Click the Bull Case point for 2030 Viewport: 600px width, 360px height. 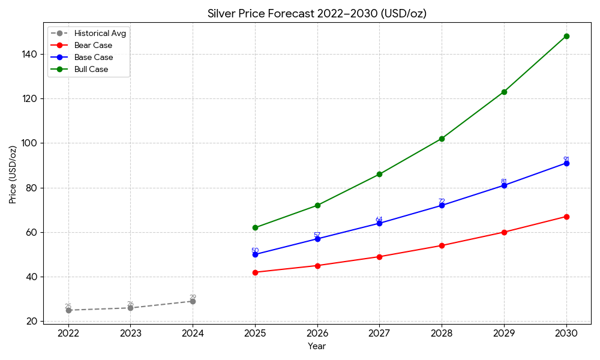coord(566,36)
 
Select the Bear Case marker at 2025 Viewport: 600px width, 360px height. coord(255,272)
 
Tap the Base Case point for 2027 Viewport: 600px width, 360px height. coord(379,223)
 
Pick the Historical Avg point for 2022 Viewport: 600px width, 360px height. coord(68,310)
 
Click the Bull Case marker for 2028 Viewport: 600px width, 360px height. coord(442,139)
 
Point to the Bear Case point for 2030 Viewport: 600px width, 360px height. coord(566,217)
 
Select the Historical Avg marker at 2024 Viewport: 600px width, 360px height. coord(193,301)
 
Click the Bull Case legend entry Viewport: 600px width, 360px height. coord(91,70)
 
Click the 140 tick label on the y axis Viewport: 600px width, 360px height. coord(29,54)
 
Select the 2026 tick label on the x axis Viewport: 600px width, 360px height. coord(317,334)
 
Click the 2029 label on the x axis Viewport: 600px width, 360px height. coord(504,334)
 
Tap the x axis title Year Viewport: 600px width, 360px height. coord(317,346)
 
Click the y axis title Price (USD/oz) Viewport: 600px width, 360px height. coord(13,174)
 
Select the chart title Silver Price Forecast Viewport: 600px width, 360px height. coord(317,14)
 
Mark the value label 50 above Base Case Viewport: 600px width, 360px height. coord(255,250)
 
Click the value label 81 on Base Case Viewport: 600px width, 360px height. coord(504,181)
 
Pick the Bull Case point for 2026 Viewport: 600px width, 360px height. coord(317,205)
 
